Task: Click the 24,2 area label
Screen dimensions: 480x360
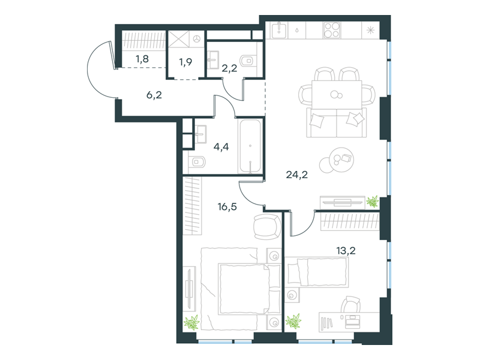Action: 296,175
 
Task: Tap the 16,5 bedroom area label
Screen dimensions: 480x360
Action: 227,207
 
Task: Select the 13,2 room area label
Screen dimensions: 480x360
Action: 346,251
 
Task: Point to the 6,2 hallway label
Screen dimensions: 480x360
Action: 154,95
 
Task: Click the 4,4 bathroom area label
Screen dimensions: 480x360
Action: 221,147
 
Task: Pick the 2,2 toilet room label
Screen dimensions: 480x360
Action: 229,68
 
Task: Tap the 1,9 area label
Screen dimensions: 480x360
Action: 185,62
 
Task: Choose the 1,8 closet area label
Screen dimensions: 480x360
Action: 142,59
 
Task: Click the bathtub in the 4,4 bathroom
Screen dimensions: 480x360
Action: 250,146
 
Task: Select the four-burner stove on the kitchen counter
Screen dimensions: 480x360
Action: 332,31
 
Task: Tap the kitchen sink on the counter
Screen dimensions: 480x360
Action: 279,31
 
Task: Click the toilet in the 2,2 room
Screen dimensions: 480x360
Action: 248,61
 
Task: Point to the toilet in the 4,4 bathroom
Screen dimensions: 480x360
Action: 197,161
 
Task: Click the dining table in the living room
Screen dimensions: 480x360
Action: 337,94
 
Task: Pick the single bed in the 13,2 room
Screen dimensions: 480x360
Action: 318,272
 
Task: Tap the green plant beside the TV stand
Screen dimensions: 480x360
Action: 373,202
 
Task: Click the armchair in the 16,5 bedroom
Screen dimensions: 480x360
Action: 267,227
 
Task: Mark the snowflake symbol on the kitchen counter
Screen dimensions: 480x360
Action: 370,31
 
